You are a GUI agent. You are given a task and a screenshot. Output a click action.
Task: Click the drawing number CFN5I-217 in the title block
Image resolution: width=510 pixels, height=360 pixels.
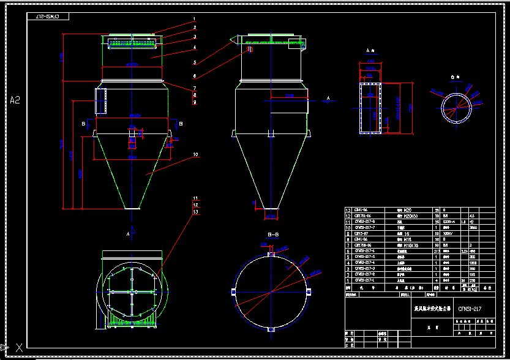click(x=470, y=309)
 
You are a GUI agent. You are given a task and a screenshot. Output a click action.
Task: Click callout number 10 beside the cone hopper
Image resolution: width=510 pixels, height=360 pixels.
click(x=195, y=156)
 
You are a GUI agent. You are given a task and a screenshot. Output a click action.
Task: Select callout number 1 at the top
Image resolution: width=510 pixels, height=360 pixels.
click(x=194, y=19)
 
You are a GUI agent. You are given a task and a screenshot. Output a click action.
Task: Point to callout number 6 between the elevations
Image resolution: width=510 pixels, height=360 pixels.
click(x=194, y=76)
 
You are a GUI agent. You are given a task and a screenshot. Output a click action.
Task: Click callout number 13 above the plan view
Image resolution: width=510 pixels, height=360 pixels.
click(x=195, y=212)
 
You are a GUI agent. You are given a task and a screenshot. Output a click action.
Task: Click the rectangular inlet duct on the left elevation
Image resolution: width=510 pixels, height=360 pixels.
click(x=100, y=100)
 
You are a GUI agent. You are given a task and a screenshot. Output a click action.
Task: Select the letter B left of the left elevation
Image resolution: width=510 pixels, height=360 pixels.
click(x=83, y=123)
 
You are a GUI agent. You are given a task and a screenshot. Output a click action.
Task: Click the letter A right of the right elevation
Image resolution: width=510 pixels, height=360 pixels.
click(x=329, y=98)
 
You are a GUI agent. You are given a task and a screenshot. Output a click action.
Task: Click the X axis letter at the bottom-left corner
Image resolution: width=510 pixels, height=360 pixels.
click(x=20, y=347)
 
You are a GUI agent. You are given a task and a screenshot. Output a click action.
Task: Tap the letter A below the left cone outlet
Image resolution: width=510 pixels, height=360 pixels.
click(x=127, y=234)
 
